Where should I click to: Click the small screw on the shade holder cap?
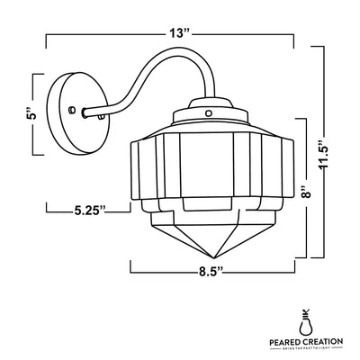[x=208, y=115]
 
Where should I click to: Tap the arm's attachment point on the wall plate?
[x=86, y=114]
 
